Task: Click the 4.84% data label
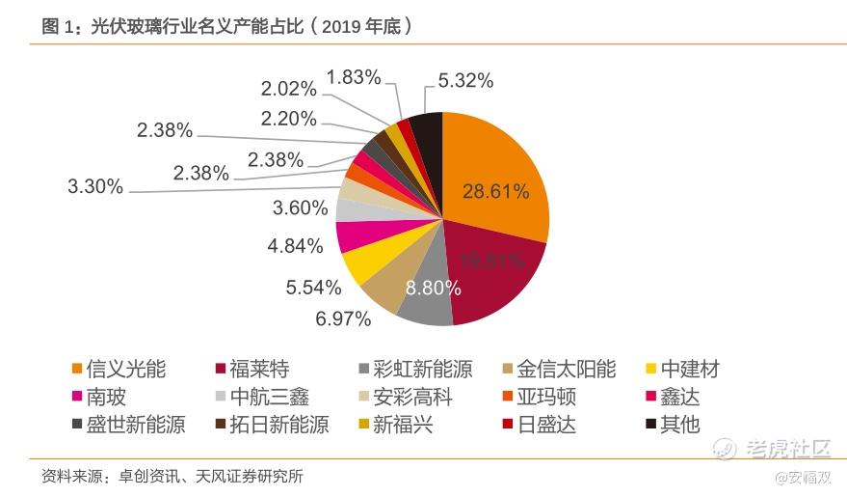[295, 246]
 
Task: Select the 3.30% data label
[95, 186]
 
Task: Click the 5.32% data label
[465, 81]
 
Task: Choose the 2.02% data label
[288, 89]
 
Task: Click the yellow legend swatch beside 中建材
[651, 369]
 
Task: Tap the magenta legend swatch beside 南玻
[75, 397]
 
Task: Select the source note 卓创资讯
[151, 477]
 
